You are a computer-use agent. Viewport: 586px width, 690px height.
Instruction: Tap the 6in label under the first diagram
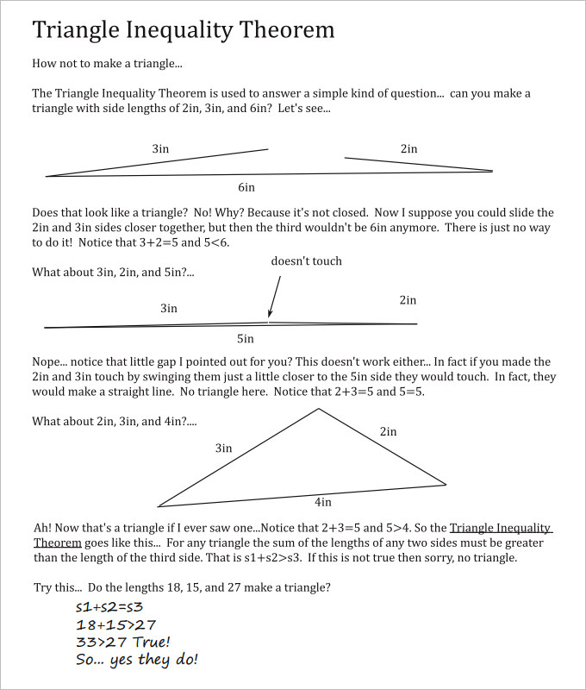[246, 187]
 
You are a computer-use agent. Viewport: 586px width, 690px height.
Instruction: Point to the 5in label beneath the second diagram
[246, 339]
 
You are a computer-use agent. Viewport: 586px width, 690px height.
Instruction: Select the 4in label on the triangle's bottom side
[322, 501]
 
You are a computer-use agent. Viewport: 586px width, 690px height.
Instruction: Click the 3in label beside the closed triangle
[224, 448]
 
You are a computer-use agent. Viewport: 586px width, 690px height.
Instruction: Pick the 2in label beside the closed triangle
[388, 431]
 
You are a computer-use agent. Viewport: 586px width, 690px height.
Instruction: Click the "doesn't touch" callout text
[306, 260]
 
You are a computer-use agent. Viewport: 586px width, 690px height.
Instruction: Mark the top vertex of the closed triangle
[318, 408]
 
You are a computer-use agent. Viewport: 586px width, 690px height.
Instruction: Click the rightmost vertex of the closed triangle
[446, 484]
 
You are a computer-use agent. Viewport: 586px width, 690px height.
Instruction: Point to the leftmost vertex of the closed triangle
[159, 506]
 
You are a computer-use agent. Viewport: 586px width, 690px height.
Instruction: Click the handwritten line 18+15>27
[115, 624]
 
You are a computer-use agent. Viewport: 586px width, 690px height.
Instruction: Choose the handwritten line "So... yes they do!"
[137, 660]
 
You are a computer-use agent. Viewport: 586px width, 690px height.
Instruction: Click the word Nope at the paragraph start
[47, 362]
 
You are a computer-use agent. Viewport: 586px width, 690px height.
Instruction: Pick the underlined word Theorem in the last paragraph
[57, 543]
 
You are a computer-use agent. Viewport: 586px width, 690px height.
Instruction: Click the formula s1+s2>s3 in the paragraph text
[277, 558]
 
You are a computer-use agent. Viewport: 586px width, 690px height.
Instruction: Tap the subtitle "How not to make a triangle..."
[107, 64]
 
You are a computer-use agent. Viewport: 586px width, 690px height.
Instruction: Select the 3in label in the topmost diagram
[160, 148]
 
